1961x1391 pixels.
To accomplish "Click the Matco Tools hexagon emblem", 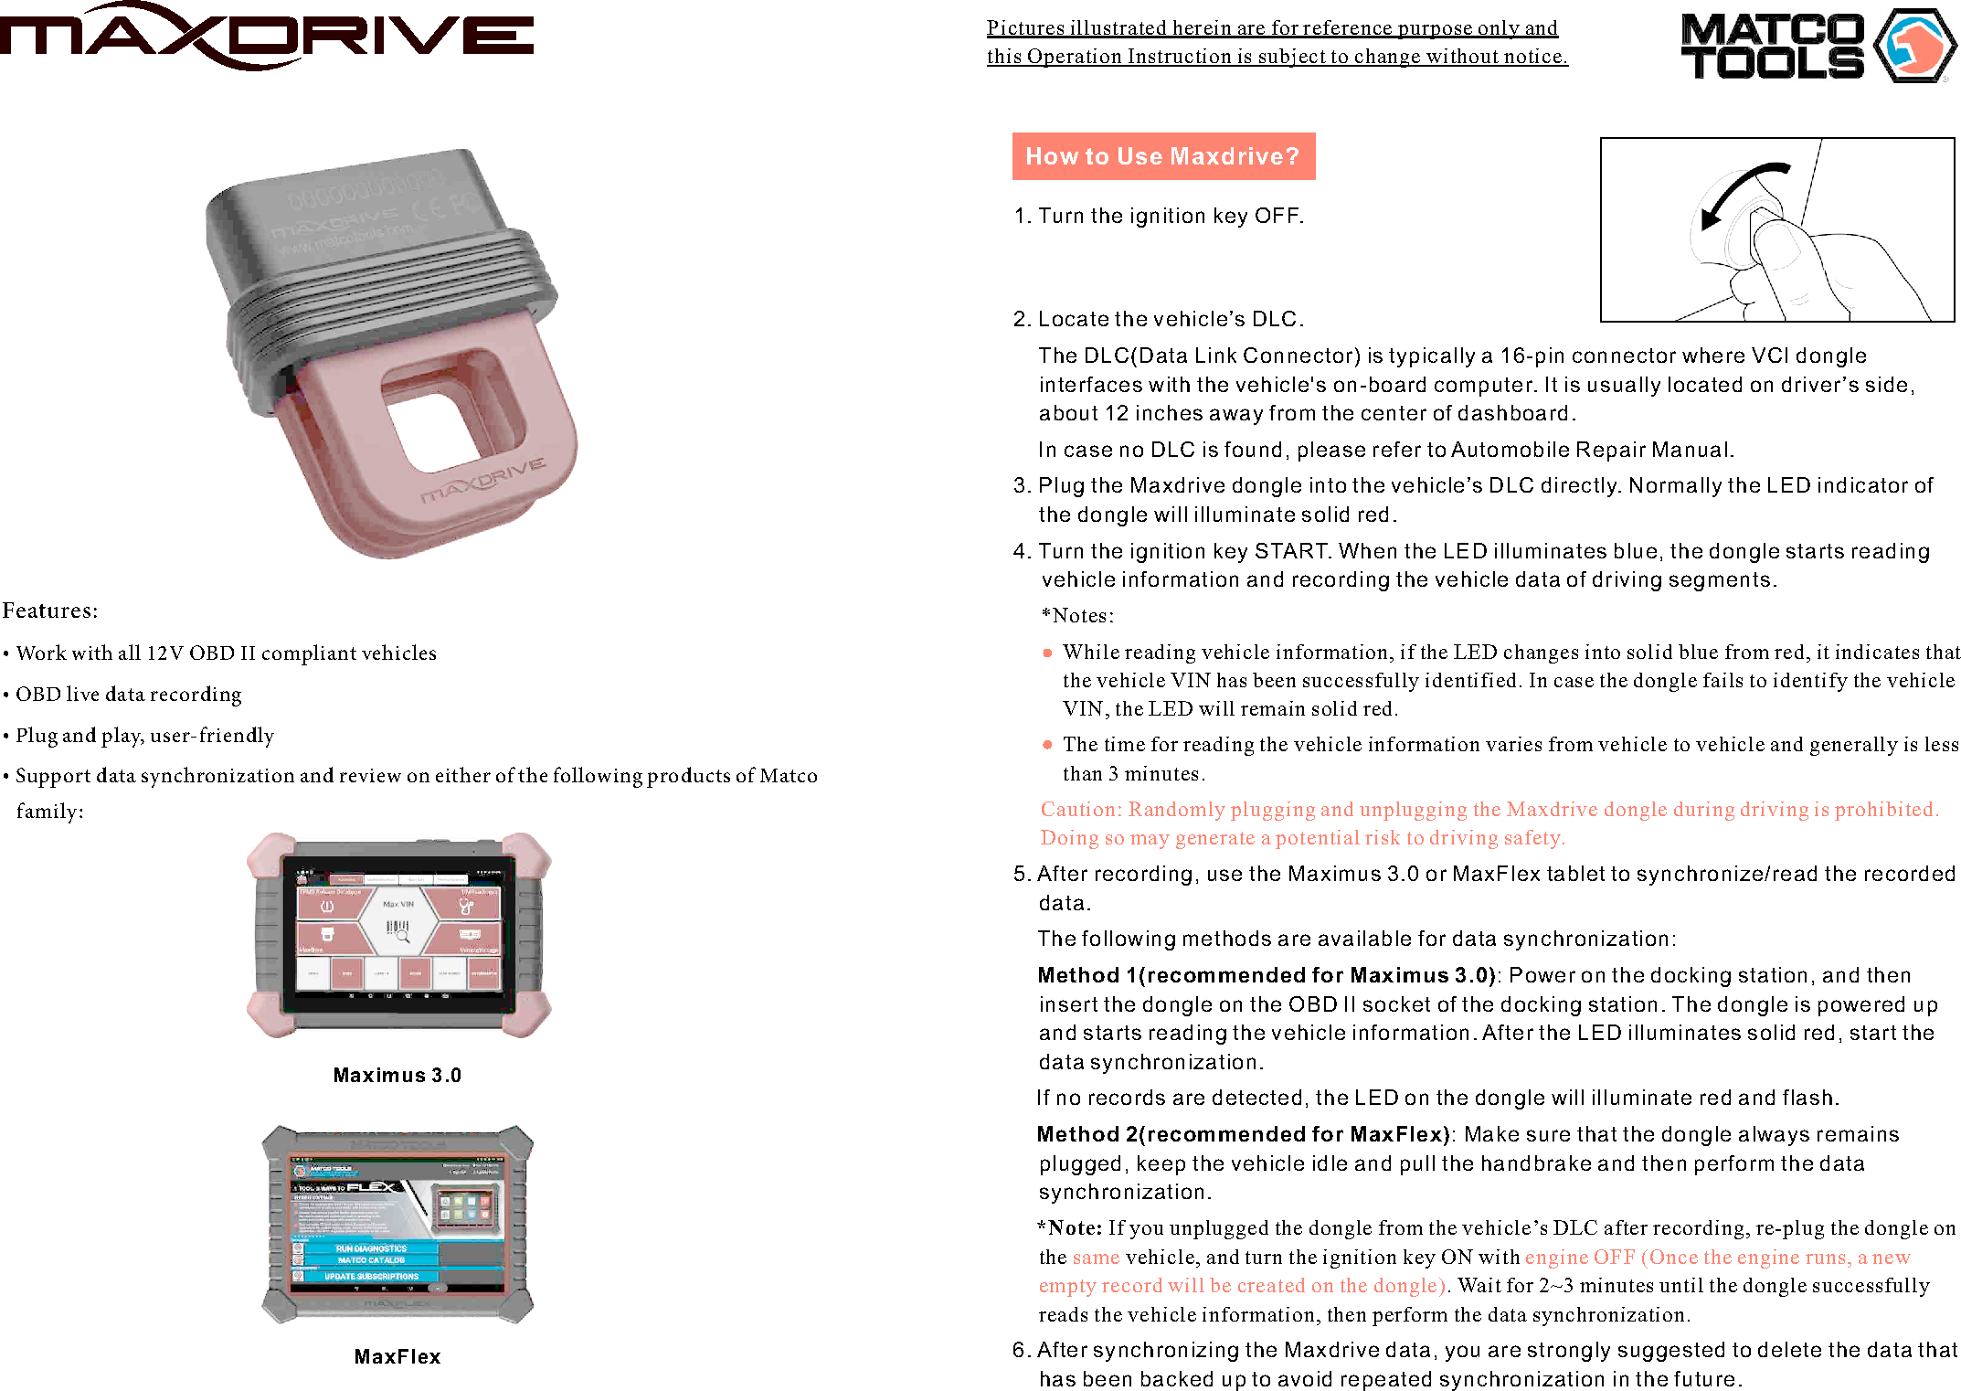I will [x=1913, y=46].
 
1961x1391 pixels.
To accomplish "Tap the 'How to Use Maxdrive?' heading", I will [x=1162, y=156].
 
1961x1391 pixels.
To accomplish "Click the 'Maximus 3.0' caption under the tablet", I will [x=397, y=1076].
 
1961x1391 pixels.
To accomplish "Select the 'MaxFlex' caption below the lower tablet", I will [x=397, y=1357].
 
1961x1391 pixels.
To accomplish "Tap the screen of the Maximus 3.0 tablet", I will [x=397, y=932].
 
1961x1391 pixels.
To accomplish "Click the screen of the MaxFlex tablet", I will [x=397, y=1225].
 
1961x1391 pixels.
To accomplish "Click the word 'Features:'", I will [x=50, y=611].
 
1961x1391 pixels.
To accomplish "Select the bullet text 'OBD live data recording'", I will [x=128, y=695].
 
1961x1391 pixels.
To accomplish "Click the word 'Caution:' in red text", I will [x=1081, y=810].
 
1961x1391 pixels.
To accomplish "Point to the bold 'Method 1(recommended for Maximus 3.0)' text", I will [x=1266, y=975].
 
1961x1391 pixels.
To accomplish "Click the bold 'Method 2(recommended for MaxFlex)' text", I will [x=1243, y=1134].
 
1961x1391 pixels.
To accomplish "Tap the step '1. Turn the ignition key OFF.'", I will [x=1159, y=216].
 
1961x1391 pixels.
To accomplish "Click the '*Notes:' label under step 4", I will [x=1077, y=616].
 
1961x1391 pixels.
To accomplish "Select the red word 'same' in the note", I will [x=1096, y=1258].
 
